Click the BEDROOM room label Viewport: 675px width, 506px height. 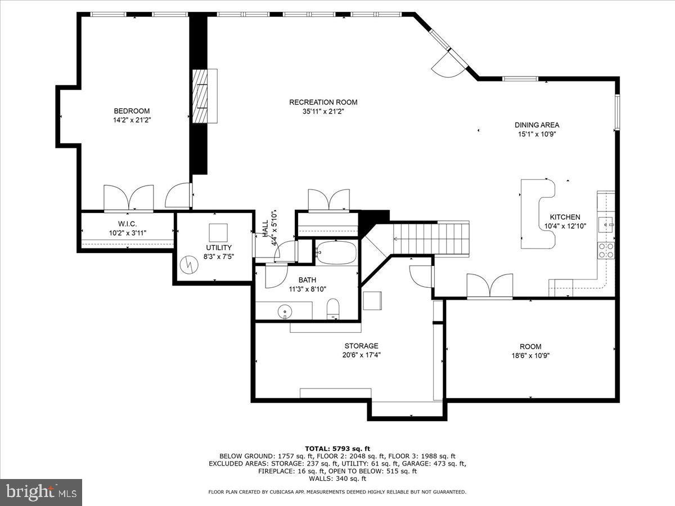pos(132,111)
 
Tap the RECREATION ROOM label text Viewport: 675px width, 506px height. pos(323,102)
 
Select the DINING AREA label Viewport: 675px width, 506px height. pos(537,125)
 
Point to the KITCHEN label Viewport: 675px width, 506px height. pos(565,217)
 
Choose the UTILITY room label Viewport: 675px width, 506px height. pos(218,247)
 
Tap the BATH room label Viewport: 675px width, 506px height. pos(307,280)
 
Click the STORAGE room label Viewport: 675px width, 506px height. pos(361,346)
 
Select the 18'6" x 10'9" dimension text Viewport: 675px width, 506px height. pos(530,355)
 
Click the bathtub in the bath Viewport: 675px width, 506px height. pos(336,253)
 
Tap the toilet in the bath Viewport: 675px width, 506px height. pos(334,309)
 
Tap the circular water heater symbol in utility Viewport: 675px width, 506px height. pos(187,264)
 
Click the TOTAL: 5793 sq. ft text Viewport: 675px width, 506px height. pos(337,448)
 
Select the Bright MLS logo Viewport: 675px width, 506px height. pos(41,492)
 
